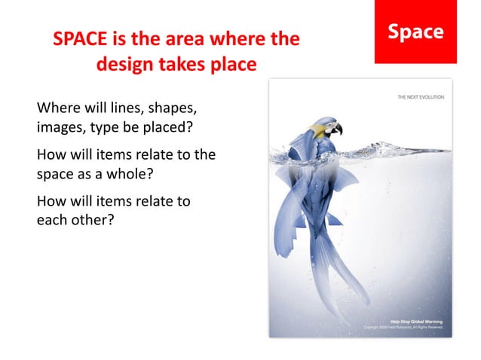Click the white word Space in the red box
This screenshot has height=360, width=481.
(x=415, y=32)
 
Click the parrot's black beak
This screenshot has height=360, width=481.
(x=337, y=130)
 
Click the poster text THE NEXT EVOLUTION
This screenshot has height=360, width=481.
(x=420, y=97)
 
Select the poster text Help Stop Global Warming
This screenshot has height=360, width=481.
(x=417, y=322)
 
